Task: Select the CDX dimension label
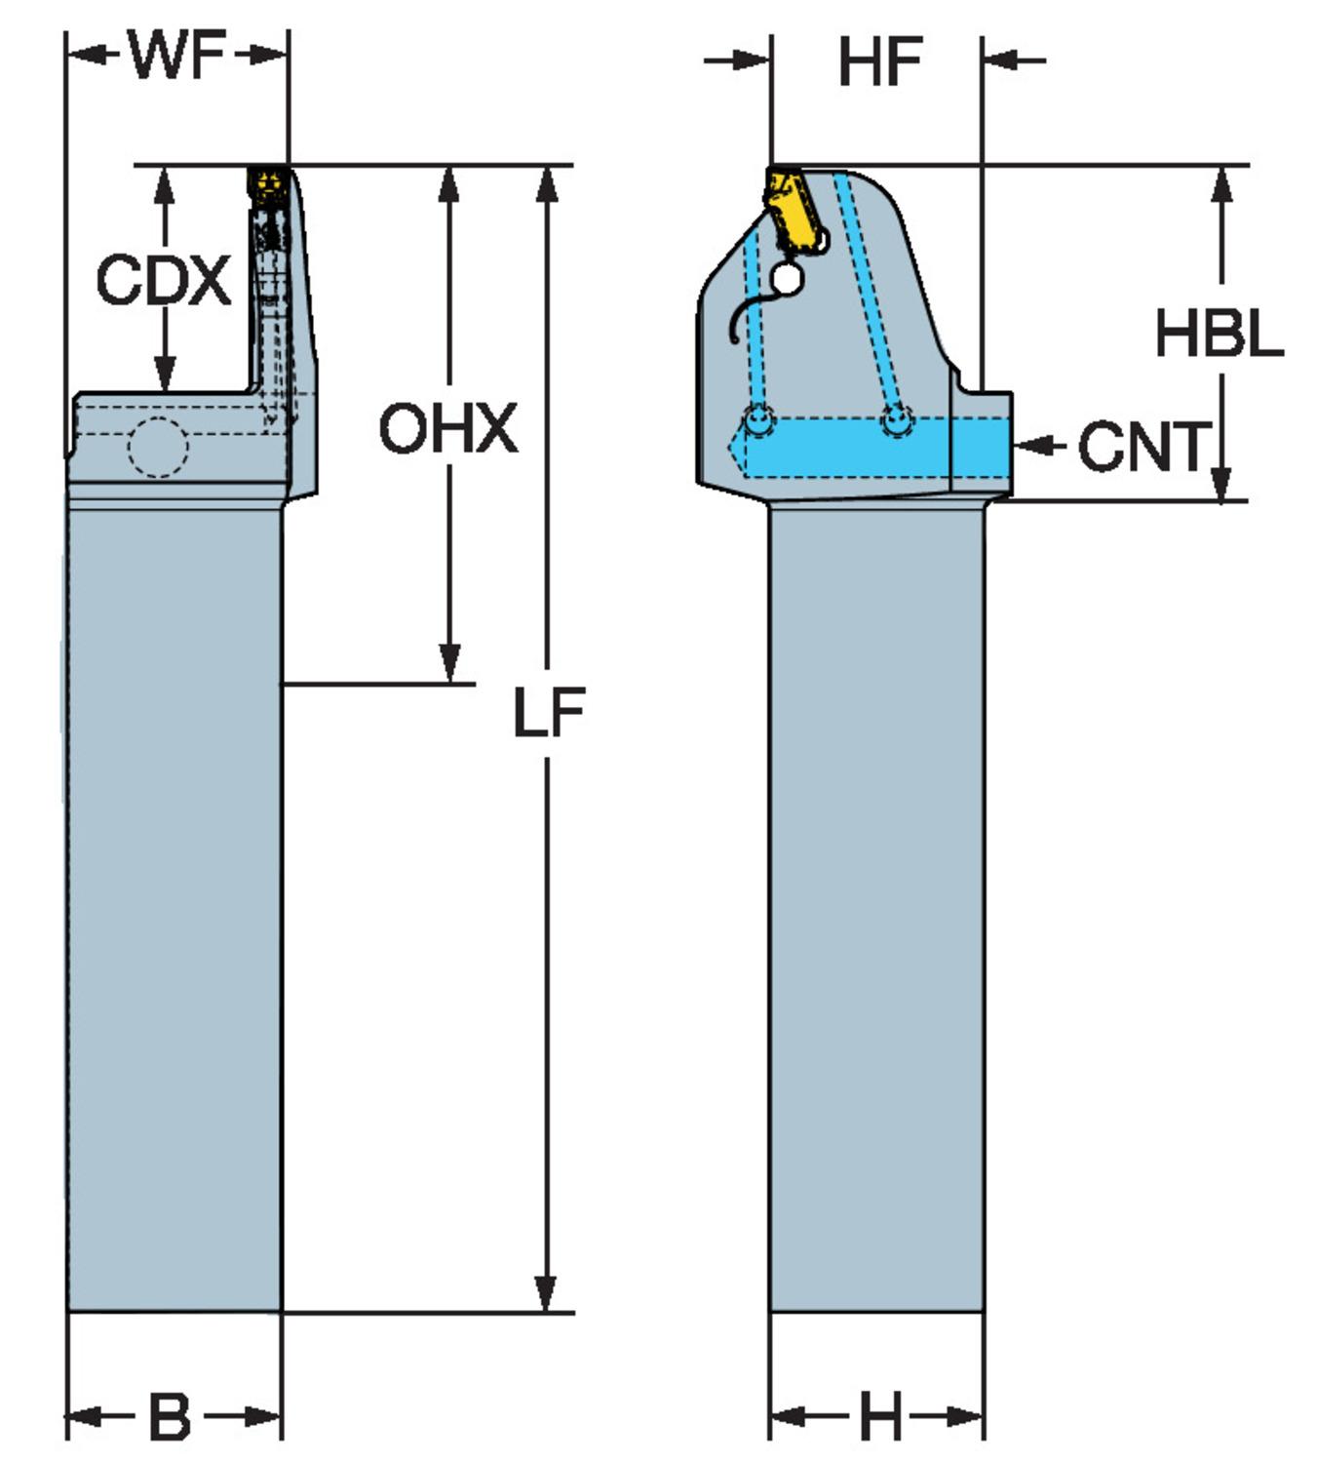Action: (x=163, y=281)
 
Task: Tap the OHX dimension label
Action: (x=447, y=429)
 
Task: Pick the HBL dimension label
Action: (x=1219, y=334)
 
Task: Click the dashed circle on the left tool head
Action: (x=158, y=447)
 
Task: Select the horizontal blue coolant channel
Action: (x=877, y=446)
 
